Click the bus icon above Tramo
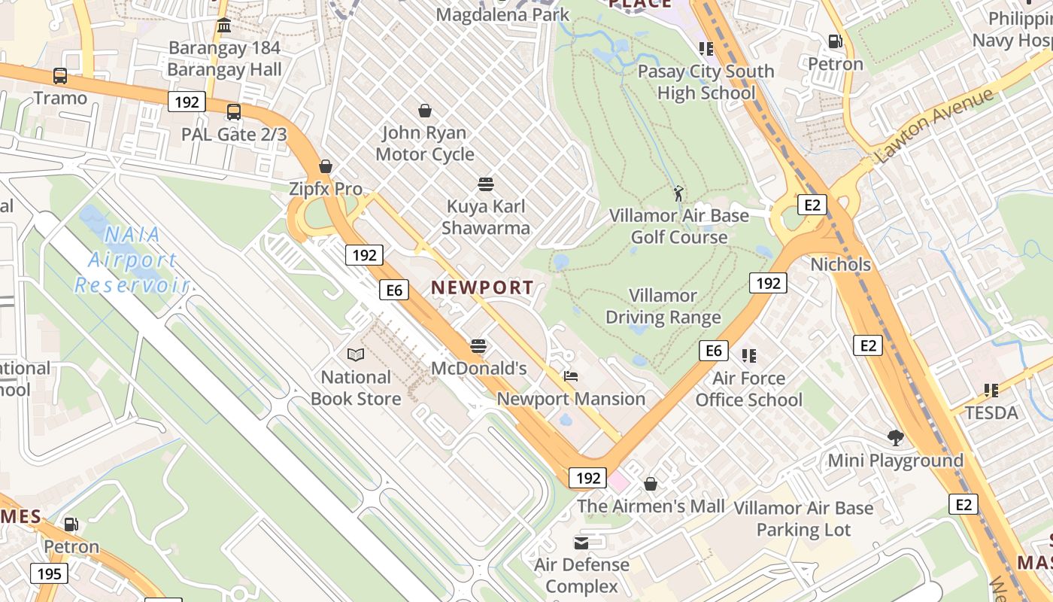click(x=60, y=76)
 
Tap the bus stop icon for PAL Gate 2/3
click(x=234, y=112)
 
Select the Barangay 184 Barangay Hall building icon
click(x=223, y=26)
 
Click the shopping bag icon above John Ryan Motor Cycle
click(x=425, y=111)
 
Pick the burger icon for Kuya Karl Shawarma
click(x=486, y=184)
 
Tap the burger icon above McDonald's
click(x=478, y=346)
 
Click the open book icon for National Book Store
click(x=356, y=354)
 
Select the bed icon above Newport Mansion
click(x=571, y=376)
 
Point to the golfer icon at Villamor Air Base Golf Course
click(x=679, y=193)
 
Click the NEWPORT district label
click(x=482, y=287)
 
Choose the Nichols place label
click(x=840, y=265)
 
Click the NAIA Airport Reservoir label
click(x=132, y=260)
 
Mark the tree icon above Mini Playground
click(x=895, y=437)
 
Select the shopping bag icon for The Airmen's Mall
click(x=651, y=484)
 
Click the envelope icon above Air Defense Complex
click(x=581, y=543)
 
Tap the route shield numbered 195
click(x=49, y=574)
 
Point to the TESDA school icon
click(x=991, y=390)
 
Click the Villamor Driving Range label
click(x=663, y=306)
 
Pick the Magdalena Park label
click(x=503, y=14)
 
